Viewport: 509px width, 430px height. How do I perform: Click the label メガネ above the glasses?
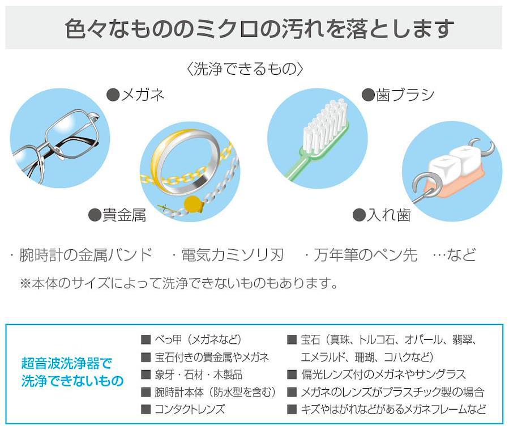tap(143, 95)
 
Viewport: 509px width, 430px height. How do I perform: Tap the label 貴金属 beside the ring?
tap(125, 215)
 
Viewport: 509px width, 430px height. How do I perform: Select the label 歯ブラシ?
tap(405, 95)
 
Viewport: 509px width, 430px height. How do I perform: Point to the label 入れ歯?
tap(388, 215)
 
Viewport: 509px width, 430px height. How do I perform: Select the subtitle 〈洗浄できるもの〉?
tap(245, 69)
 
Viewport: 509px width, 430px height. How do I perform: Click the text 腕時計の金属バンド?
tap(85, 255)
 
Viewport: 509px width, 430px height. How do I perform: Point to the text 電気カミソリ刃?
tap(233, 255)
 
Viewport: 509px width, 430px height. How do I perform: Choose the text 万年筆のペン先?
tap(366, 255)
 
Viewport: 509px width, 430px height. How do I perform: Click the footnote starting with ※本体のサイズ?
tap(179, 283)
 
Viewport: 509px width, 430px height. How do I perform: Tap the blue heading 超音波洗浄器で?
tap(67, 363)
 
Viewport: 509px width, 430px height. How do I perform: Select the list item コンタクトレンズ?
tap(190, 409)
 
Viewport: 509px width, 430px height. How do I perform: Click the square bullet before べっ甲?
tap(146, 340)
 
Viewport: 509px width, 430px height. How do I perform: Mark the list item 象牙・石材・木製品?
tap(198, 374)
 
